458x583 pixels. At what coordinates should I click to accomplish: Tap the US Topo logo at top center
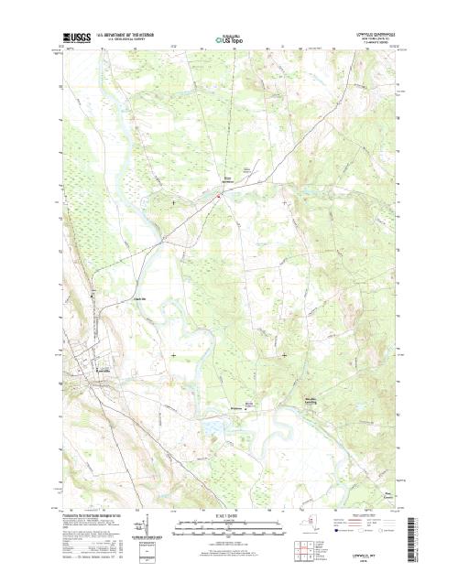pyautogui.click(x=228, y=38)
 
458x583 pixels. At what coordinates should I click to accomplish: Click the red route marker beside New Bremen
pyautogui.click(x=218, y=193)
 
